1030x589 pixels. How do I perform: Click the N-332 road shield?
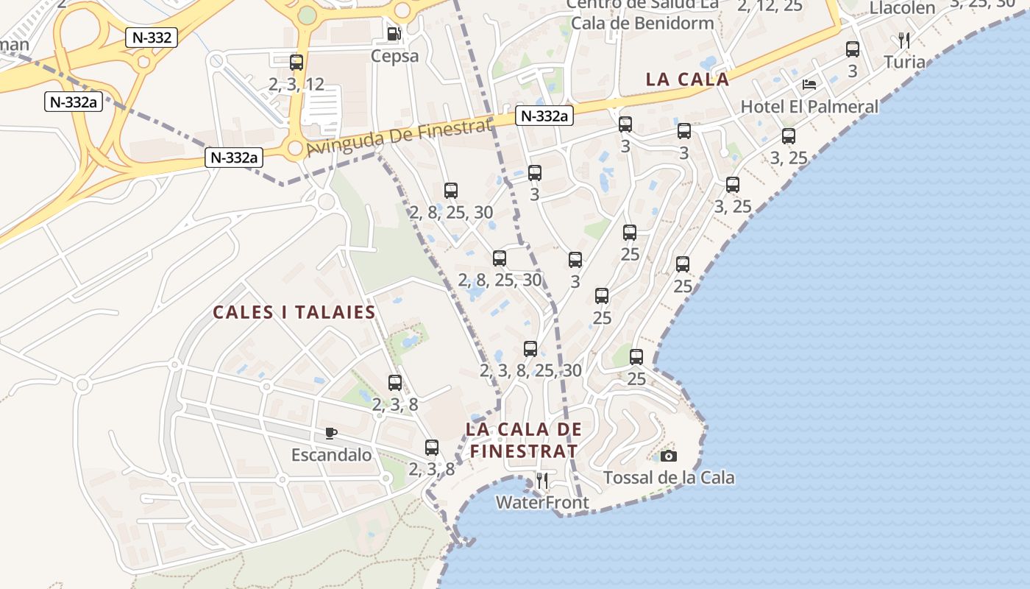coord(152,38)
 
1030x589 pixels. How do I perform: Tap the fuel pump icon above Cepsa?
coord(394,33)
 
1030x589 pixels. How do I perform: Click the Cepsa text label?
coord(394,56)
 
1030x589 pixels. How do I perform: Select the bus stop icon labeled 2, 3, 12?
coord(296,63)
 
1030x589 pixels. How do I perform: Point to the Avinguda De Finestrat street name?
coord(398,138)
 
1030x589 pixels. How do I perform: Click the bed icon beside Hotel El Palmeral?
coord(809,85)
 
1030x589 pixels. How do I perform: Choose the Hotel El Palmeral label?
coord(809,107)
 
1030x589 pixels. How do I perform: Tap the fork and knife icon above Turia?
coord(904,40)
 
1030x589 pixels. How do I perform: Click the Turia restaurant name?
coord(904,62)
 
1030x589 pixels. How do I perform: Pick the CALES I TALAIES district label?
coord(294,312)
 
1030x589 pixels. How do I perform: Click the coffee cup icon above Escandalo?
coord(331,433)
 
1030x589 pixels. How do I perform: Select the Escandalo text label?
coord(331,455)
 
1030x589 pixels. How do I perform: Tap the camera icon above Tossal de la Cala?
coord(668,456)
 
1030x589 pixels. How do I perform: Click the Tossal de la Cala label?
coord(669,478)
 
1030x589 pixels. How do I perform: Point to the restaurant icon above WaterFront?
coord(542,482)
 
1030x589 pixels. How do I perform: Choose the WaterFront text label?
coord(542,503)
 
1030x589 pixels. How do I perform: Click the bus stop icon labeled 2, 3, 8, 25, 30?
coord(530,349)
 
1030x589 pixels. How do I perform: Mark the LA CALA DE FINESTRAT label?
coord(524,440)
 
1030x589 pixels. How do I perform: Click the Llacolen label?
coord(902,8)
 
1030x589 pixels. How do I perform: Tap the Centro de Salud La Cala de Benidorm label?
coord(642,15)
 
